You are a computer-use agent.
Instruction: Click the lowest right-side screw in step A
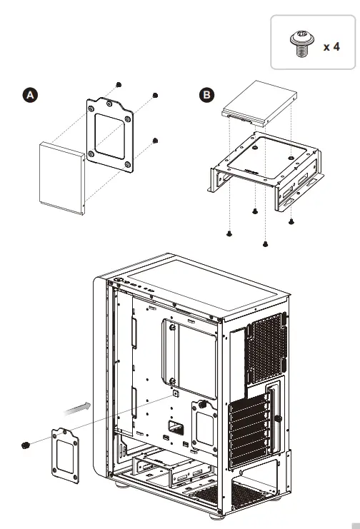(x=155, y=141)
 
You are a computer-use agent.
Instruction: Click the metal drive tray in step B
(x=264, y=168)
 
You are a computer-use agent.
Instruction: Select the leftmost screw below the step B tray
(x=229, y=233)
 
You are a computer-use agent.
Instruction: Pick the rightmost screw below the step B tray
(x=291, y=221)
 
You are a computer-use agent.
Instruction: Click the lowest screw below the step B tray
(x=265, y=243)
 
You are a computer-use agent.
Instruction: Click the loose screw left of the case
(x=26, y=445)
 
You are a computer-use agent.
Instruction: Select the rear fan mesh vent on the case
(x=266, y=357)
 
